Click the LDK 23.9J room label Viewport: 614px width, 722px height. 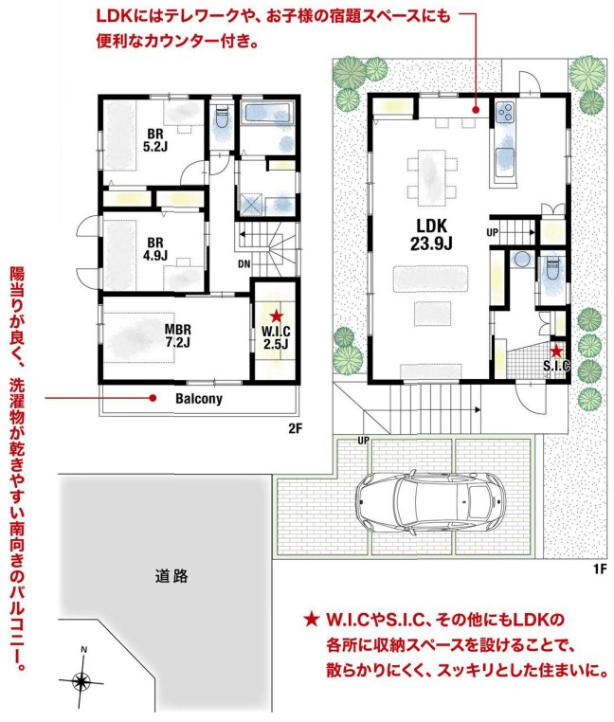[431, 234]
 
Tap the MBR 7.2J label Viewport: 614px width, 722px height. [178, 335]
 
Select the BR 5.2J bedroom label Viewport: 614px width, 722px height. [155, 140]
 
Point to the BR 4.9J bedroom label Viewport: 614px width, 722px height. [155, 248]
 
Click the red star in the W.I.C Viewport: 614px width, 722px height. [276, 316]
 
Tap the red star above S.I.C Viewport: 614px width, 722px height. [556, 352]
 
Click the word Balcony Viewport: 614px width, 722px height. [199, 399]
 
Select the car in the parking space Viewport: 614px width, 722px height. [431, 502]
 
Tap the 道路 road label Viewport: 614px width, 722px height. [172, 575]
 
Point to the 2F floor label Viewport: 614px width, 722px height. [295, 428]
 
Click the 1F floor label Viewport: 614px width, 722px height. [600, 569]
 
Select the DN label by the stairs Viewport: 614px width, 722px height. [244, 264]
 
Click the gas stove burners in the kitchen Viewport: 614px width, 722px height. [505, 112]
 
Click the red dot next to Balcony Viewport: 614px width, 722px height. [153, 398]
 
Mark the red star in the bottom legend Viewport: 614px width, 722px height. [312, 619]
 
